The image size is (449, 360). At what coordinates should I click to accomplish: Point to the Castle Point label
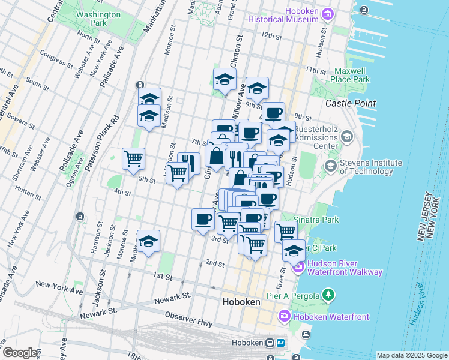click(x=351, y=103)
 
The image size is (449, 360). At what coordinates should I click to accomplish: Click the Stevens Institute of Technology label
click(x=371, y=167)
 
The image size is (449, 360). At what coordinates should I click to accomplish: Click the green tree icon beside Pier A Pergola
click(x=328, y=294)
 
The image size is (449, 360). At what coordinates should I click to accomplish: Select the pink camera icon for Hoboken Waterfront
click(x=285, y=316)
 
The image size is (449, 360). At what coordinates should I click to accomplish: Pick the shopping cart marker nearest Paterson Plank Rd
click(x=133, y=159)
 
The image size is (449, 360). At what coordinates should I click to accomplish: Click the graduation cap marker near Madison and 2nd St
click(x=148, y=241)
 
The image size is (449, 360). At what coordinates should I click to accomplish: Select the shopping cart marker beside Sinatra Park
click(x=286, y=231)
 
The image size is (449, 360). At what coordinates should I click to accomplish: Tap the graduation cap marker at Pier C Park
click(x=294, y=250)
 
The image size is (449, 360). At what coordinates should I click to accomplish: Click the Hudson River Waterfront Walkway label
click(x=345, y=268)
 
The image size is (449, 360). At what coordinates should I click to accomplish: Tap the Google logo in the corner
click(x=21, y=353)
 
